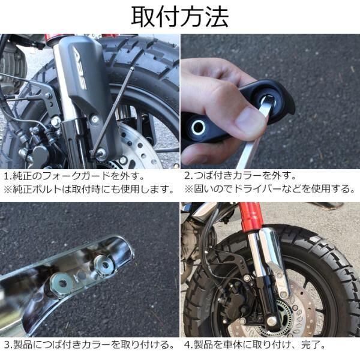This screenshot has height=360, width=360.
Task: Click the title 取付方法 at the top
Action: tap(180, 17)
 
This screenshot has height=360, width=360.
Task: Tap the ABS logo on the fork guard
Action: tap(80, 70)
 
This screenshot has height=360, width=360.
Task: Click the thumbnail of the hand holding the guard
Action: tap(270, 101)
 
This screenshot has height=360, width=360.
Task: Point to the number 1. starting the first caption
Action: tap(8, 176)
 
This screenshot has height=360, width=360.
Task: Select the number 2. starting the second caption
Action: tap(189, 176)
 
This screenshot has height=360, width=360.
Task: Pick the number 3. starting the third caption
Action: tap(8, 345)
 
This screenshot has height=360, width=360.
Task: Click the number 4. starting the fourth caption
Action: tap(189, 345)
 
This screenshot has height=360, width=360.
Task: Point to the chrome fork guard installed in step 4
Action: tap(274, 262)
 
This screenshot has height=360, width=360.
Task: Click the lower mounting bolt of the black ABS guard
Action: tap(100, 152)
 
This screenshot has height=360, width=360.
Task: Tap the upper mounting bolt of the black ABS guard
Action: tap(94, 119)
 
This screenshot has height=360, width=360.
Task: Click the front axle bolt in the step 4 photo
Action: tap(272, 320)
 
